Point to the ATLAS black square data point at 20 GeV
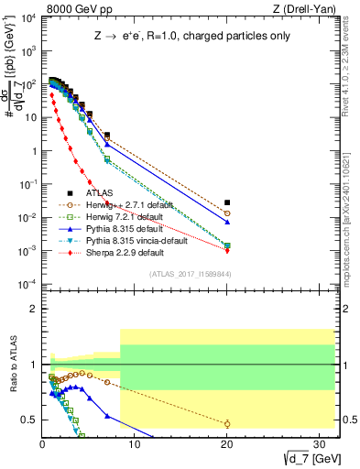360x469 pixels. point(227,202)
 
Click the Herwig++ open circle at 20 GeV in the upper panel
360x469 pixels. point(227,213)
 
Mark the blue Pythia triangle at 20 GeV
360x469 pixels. point(227,223)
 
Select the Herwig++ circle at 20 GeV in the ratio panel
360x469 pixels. point(227,423)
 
